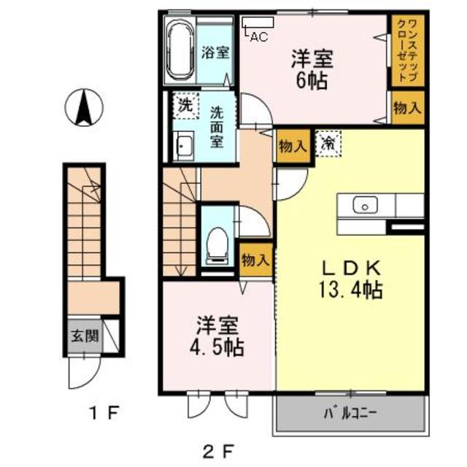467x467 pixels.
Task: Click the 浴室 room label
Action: point(216,53)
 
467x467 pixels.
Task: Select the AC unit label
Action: point(258,36)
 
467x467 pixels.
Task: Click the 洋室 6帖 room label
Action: point(312,68)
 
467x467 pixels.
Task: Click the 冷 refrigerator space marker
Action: point(328,144)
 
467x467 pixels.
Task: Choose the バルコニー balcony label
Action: point(349,414)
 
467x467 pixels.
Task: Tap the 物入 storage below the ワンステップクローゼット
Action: point(406,109)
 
